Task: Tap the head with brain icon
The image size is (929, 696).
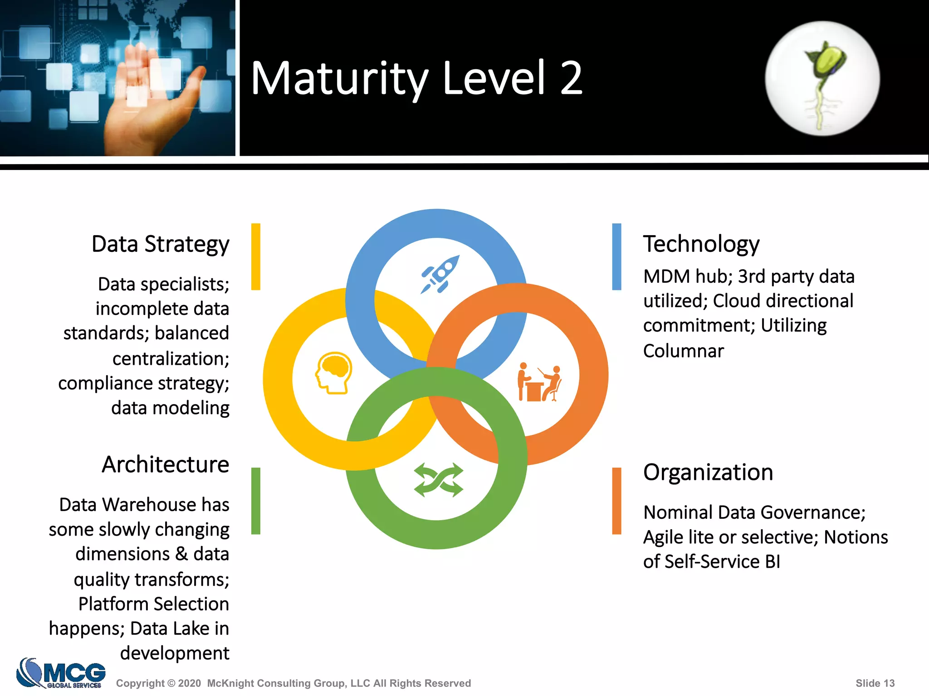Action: tap(334, 372)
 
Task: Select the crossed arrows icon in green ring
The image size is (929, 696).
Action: tap(438, 480)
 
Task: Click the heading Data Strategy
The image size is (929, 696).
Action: tap(160, 244)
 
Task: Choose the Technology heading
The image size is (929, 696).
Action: tap(701, 244)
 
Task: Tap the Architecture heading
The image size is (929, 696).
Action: tap(165, 464)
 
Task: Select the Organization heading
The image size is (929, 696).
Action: tap(708, 472)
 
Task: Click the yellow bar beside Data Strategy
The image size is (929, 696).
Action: tap(256, 256)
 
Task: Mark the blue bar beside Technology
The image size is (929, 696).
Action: tap(616, 256)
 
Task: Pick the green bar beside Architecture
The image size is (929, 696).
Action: tap(256, 501)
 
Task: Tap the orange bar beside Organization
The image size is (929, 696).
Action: tap(616, 501)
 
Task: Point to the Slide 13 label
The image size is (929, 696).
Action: tap(875, 683)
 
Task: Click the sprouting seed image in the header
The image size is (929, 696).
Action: tap(822, 78)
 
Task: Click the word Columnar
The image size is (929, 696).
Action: tap(683, 351)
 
